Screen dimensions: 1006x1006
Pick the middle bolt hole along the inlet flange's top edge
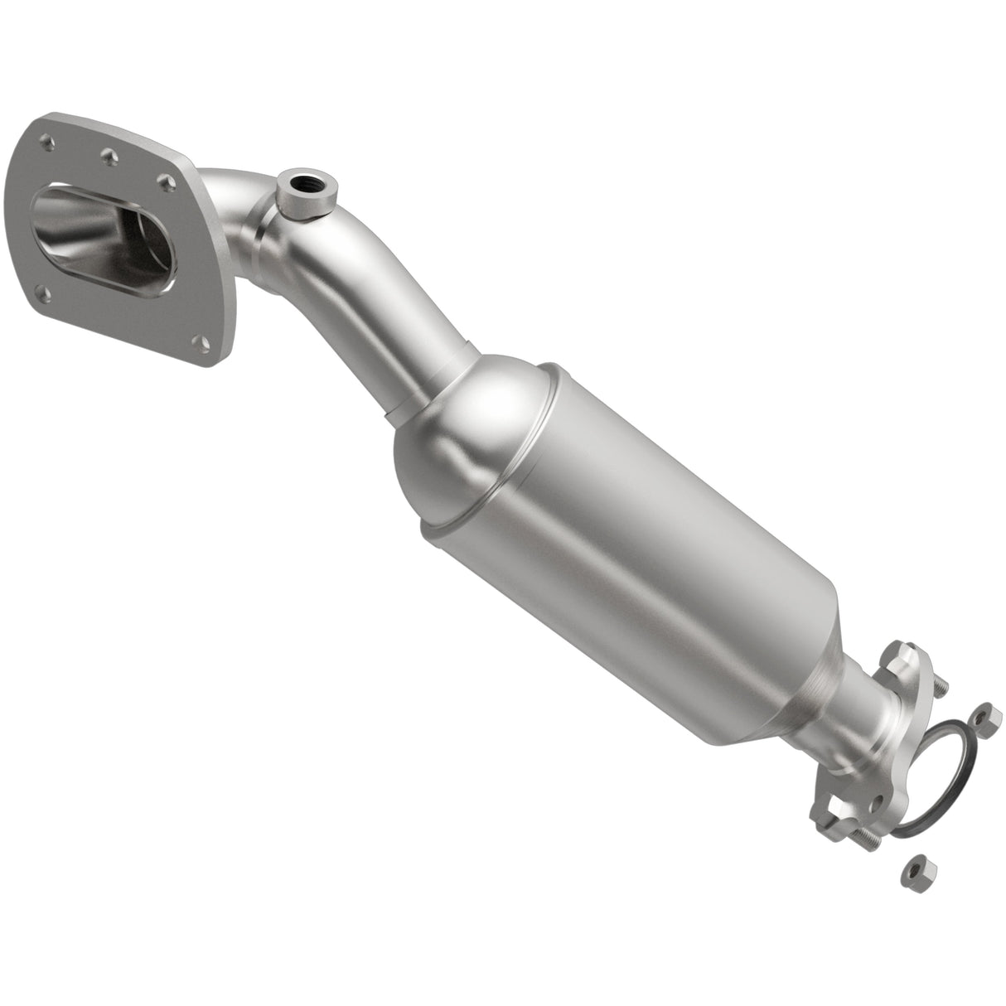click(x=108, y=153)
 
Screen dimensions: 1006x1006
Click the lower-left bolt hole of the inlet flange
click(x=42, y=289)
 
